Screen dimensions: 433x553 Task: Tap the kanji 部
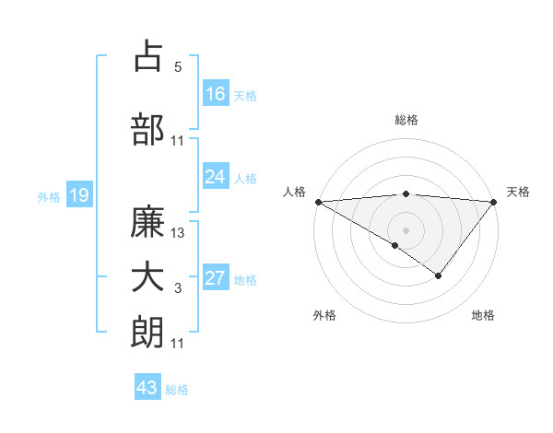(148, 129)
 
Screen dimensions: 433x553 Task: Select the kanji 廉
(148, 223)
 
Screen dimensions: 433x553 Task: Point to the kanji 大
(148, 278)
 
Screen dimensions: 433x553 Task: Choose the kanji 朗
(148, 332)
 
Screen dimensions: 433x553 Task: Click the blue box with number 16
(216, 94)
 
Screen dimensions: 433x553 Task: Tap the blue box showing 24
(216, 177)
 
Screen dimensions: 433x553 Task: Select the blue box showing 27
(216, 279)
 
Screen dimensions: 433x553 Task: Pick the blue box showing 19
(78, 195)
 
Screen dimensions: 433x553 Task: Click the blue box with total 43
(147, 388)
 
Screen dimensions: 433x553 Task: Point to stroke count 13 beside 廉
(179, 233)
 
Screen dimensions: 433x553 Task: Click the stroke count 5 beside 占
(178, 66)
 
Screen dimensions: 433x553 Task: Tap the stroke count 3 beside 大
(178, 289)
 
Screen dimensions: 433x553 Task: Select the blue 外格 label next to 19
(48, 196)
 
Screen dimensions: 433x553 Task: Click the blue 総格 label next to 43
(178, 389)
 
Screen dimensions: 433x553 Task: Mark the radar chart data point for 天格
(494, 202)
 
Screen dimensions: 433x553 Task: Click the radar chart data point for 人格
(318, 202)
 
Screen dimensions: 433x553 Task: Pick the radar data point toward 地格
(439, 275)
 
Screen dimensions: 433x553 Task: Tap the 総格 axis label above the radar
(406, 120)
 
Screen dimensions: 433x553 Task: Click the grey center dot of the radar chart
(406, 229)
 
